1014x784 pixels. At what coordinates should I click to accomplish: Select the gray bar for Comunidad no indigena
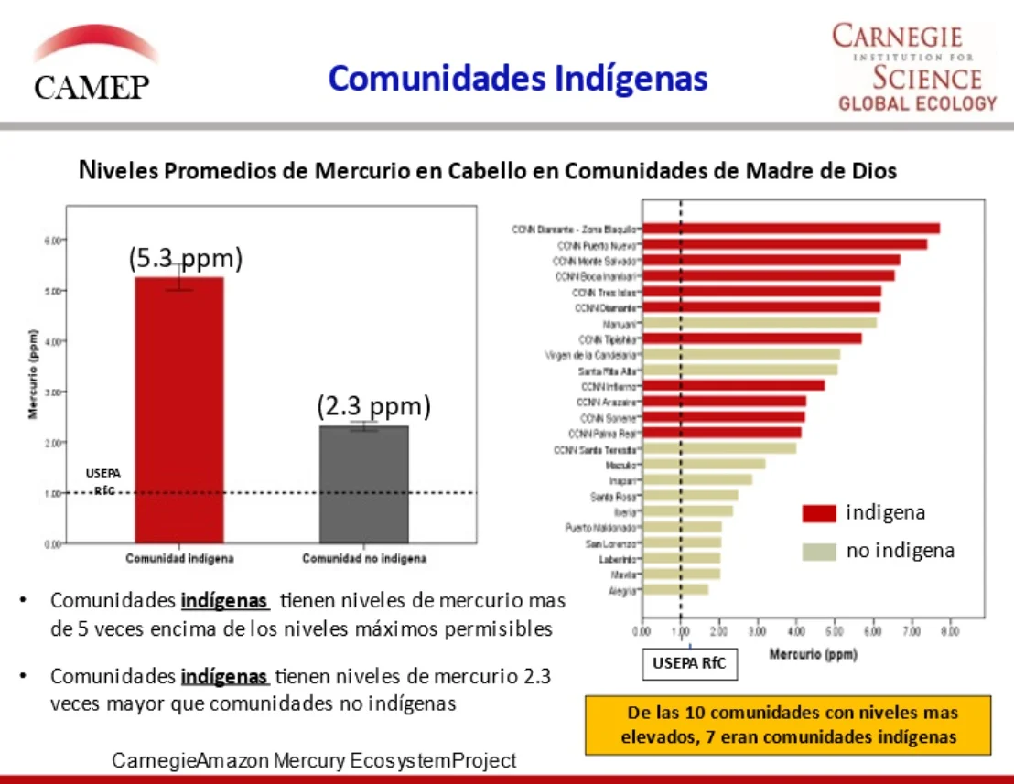[x=363, y=484]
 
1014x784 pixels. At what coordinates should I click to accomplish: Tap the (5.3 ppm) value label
[x=186, y=259]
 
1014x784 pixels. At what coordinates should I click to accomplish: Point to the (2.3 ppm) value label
[x=373, y=406]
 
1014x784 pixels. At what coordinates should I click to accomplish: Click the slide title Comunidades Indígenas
[x=518, y=79]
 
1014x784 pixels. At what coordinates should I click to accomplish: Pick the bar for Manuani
[x=760, y=323]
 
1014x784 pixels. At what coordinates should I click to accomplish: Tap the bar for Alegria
[x=675, y=590]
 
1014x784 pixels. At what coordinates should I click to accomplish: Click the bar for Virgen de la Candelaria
[x=741, y=354]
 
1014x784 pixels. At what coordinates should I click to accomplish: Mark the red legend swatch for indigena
[x=819, y=513]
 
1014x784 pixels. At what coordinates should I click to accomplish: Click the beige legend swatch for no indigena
[x=819, y=552]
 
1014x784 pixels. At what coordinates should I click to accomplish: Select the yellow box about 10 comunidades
[x=788, y=725]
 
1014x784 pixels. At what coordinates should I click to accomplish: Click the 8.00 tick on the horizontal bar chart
[x=950, y=630]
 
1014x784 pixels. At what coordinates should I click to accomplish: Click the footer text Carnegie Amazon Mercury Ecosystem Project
[x=314, y=760]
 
